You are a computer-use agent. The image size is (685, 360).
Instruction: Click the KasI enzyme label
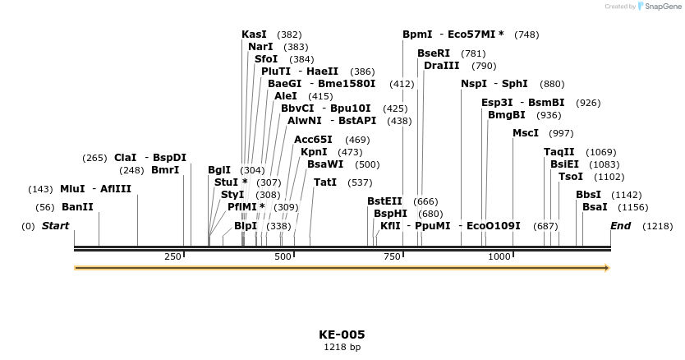[x=254, y=35]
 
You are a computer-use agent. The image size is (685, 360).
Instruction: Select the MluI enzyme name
[x=72, y=188]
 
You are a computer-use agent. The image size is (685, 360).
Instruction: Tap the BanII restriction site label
[x=77, y=207]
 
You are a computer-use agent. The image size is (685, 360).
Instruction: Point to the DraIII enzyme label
[x=441, y=66]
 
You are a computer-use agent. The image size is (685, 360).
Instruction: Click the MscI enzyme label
[x=526, y=132]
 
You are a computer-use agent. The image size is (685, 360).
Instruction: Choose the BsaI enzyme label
[x=595, y=207]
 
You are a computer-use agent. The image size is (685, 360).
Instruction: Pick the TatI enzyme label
[x=325, y=182]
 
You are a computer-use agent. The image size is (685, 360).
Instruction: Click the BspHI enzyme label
[x=390, y=213]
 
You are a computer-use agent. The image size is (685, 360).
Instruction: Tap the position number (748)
[x=526, y=35]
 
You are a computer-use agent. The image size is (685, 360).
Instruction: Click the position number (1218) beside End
[x=657, y=225]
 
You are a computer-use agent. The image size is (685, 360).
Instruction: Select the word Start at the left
[x=56, y=225]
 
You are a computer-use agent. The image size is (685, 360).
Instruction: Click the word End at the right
[x=620, y=225]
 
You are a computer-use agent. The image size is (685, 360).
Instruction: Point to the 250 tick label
[x=172, y=256]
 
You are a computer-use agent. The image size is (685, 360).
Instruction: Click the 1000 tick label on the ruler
[x=499, y=256]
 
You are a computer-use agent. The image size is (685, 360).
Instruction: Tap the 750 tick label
[x=392, y=256]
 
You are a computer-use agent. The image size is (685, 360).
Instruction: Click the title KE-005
[x=342, y=335]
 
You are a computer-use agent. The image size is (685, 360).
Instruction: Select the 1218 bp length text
[x=342, y=348]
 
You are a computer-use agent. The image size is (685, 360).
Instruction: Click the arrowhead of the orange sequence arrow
[x=607, y=268]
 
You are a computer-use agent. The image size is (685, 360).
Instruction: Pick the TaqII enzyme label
[x=559, y=151]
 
